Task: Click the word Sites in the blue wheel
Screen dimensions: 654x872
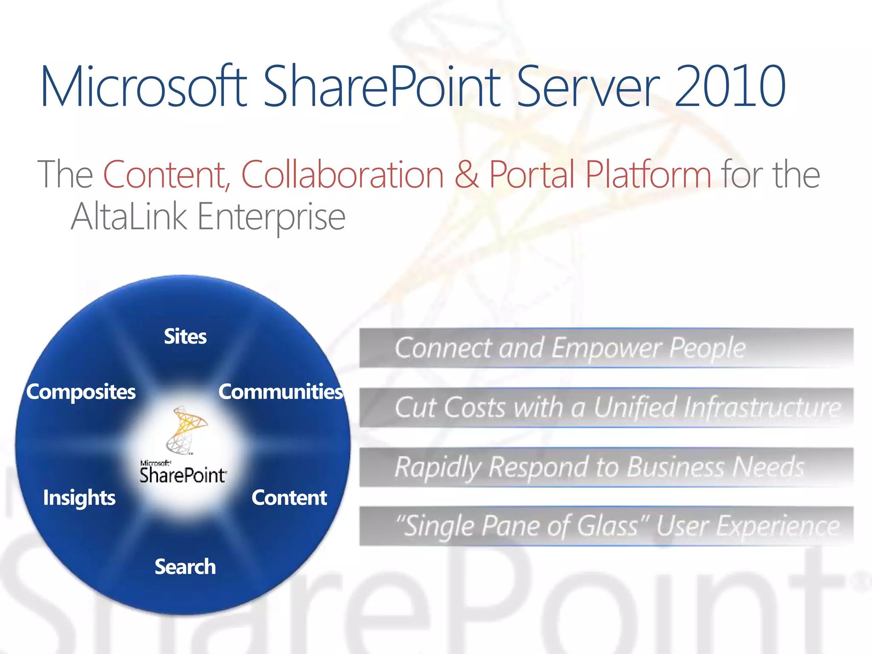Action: pyautogui.click(x=185, y=337)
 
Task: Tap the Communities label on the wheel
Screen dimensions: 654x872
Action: pyautogui.click(x=281, y=392)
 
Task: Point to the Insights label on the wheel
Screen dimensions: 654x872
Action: pyautogui.click(x=79, y=498)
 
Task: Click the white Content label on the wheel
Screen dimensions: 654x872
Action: pyautogui.click(x=289, y=498)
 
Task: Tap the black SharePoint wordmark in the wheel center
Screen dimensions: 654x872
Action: pyautogui.click(x=183, y=475)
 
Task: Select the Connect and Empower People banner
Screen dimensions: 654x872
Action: pyautogui.click(x=606, y=348)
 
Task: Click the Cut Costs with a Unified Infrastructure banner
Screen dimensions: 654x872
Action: pyautogui.click(x=606, y=407)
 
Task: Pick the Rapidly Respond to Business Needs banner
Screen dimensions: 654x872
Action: pyautogui.click(x=606, y=467)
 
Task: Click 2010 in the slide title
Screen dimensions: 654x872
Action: pyautogui.click(x=730, y=86)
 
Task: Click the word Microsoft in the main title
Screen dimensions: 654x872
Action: pyautogui.click(x=143, y=86)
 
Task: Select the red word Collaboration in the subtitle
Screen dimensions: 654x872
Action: pyautogui.click(x=342, y=174)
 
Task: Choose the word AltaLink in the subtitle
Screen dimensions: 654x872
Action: pyautogui.click(x=129, y=216)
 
